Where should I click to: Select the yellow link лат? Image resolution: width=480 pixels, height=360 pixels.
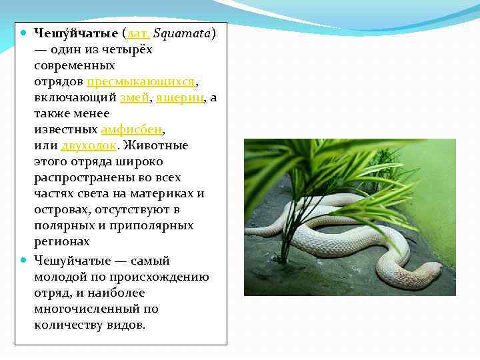(x=137, y=33)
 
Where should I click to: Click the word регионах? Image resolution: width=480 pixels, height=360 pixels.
(x=62, y=242)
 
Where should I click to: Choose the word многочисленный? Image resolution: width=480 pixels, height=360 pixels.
(x=87, y=309)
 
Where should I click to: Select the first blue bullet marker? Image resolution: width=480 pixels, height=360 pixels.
(x=23, y=32)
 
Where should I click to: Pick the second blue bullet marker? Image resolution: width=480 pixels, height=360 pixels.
(x=23, y=260)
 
